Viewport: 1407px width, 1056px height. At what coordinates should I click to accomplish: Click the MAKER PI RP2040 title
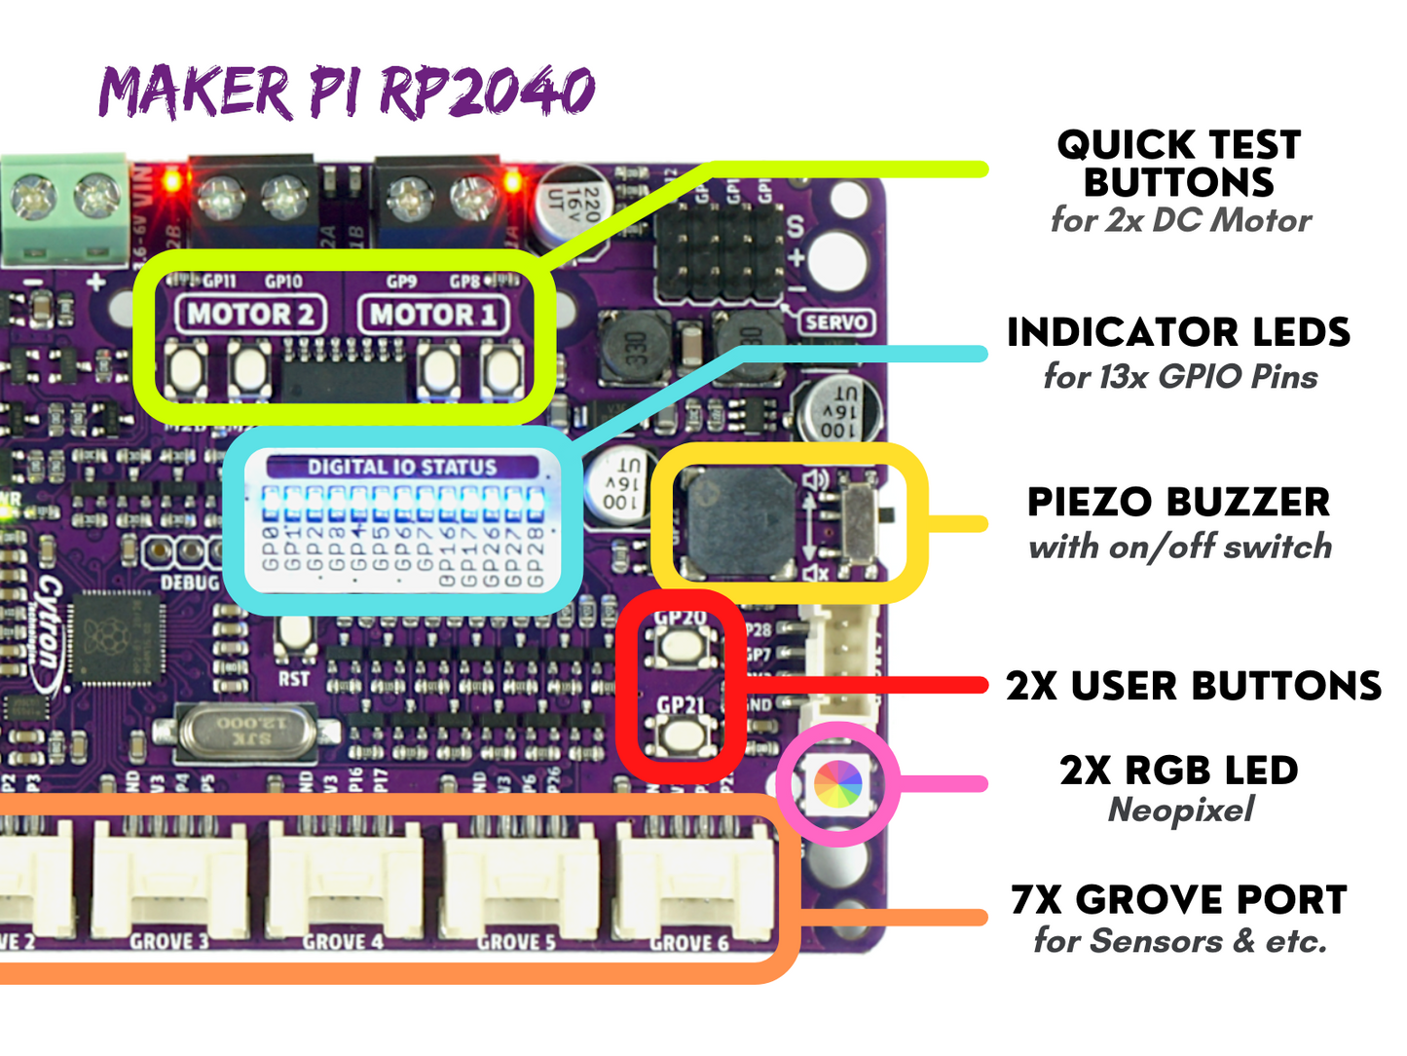pyautogui.click(x=347, y=93)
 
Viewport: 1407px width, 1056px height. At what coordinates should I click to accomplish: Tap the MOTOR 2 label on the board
pyautogui.click(x=250, y=315)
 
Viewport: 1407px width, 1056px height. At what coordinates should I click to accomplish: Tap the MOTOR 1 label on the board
pyautogui.click(x=433, y=315)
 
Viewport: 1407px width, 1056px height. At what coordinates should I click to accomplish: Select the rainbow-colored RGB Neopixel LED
pyautogui.click(x=837, y=784)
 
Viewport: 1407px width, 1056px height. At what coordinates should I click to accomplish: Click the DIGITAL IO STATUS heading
pyautogui.click(x=402, y=468)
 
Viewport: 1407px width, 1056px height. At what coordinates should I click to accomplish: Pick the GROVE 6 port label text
pyautogui.click(x=689, y=942)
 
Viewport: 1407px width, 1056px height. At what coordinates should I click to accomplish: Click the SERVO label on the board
pyautogui.click(x=835, y=321)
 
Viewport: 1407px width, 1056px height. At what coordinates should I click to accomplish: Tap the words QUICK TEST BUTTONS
pyautogui.click(x=1179, y=164)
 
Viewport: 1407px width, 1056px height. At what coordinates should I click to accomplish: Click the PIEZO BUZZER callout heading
pyautogui.click(x=1178, y=503)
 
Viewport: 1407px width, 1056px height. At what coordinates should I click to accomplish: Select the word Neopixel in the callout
pyautogui.click(x=1181, y=810)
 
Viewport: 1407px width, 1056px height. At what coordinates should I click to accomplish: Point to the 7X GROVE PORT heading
pyautogui.click(x=1178, y=899)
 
